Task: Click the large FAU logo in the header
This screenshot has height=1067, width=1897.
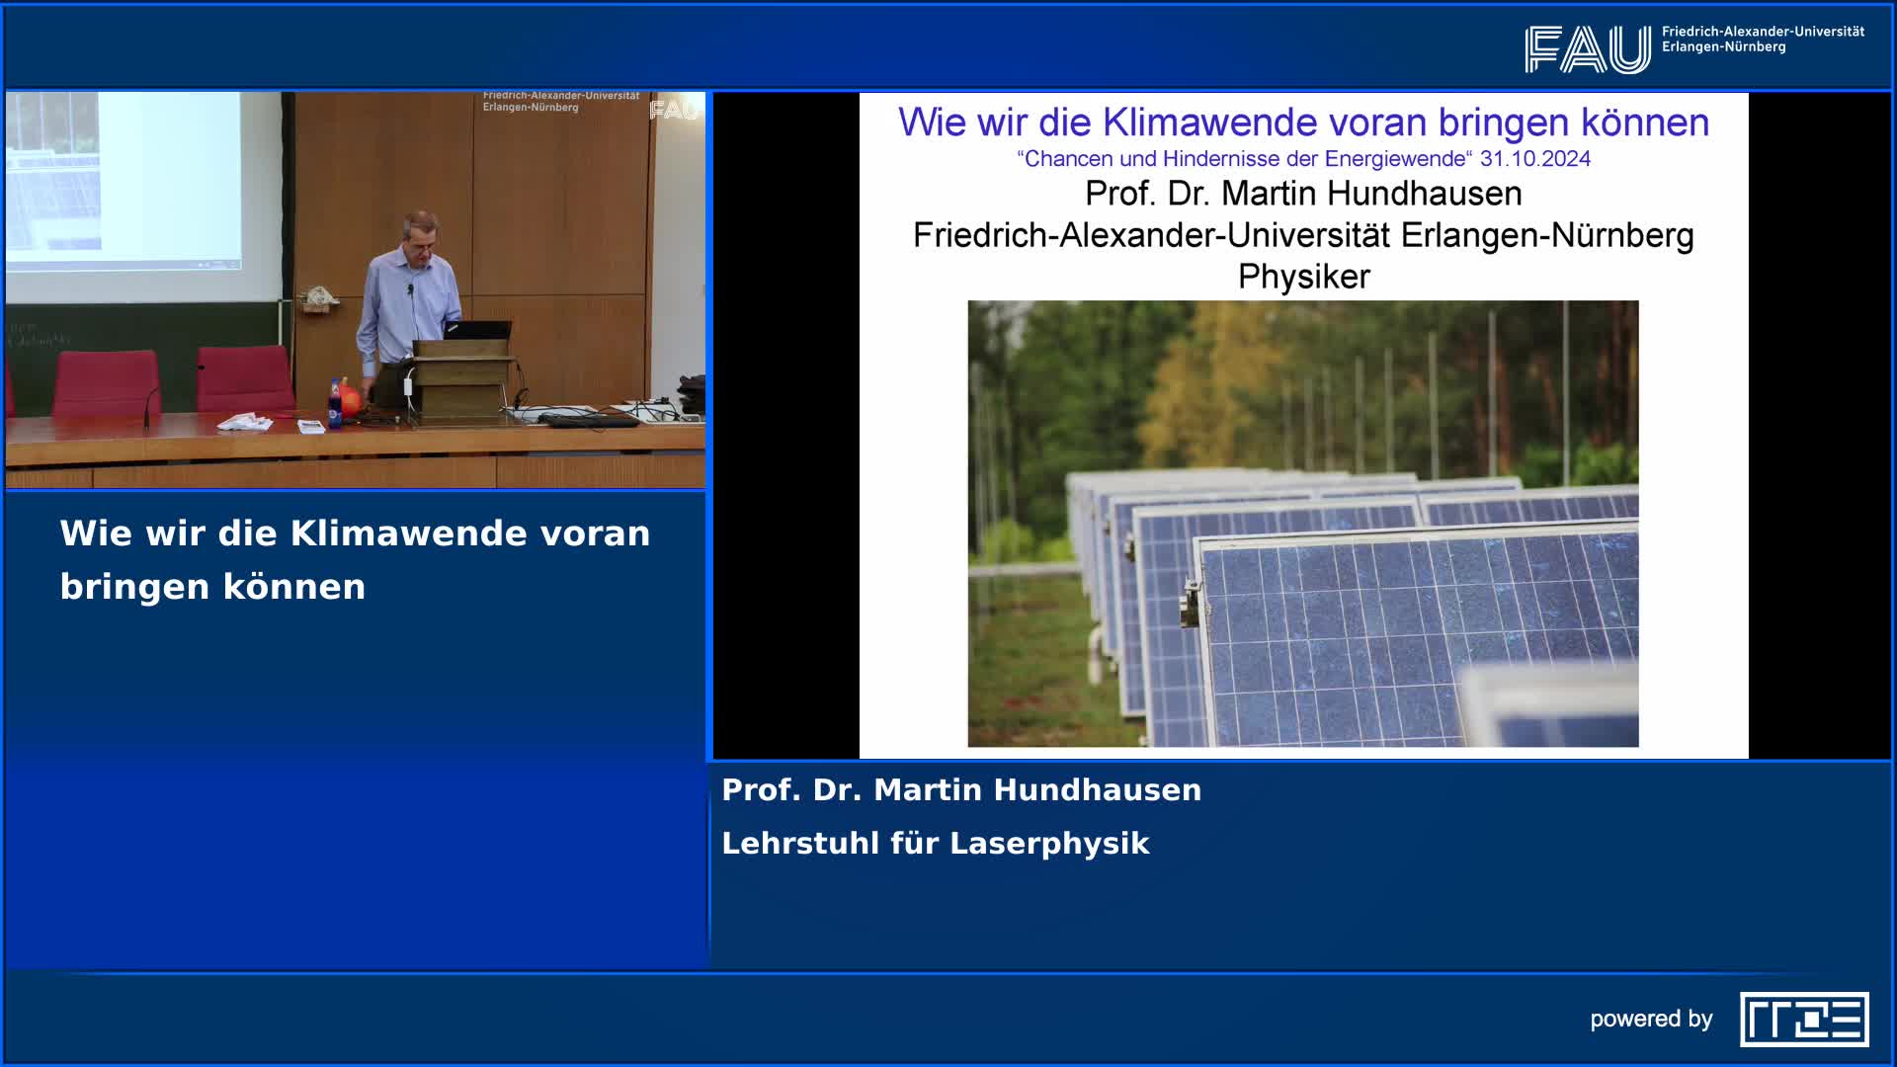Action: click(x=1587, y=49)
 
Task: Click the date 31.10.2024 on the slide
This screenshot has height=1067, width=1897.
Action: click(x=1535, y=159)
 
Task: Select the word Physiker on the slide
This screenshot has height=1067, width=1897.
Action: click(x=1304, y=277)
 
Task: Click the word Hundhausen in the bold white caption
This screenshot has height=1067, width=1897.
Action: click(x=1098, y=789)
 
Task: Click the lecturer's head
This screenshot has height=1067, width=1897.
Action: click(x=421, y=235)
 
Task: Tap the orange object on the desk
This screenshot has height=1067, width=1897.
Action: click(x=351, y=399)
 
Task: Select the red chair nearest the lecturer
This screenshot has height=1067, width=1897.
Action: click(x=244, y=379)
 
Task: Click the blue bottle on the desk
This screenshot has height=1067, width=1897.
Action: click(x=335, y=402)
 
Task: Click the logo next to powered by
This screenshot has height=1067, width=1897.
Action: click(x=1804, y=1019)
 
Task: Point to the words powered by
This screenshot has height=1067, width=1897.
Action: click(x=1651, y=1019)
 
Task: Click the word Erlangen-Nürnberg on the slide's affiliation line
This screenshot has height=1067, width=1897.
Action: click(x=1547, y=235)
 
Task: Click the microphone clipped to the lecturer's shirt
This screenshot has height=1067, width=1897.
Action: click(x=410, y=289)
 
